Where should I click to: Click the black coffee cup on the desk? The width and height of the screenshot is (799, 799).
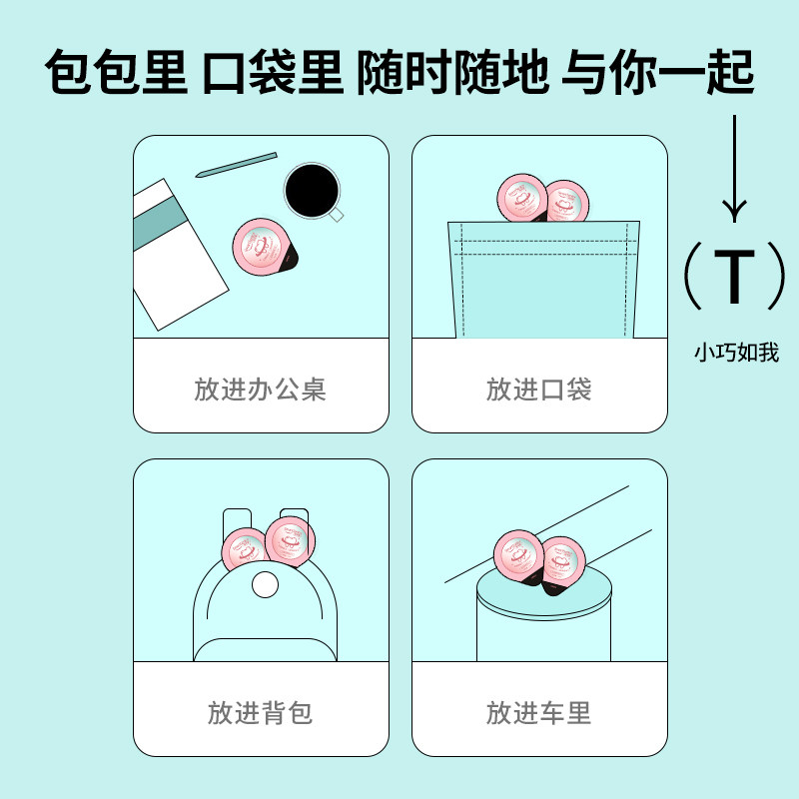[311, 189]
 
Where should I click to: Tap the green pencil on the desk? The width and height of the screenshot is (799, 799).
[236, 165]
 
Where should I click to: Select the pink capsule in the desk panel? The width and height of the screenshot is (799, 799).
[263, 246]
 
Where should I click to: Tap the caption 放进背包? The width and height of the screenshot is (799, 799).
[261, 713]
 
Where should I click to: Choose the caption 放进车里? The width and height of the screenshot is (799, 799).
[539, 713]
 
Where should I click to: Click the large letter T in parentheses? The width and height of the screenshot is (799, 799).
[736, 277]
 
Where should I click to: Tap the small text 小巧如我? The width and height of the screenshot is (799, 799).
[736, 353]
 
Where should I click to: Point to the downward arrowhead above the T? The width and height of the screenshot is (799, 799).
[736, 211]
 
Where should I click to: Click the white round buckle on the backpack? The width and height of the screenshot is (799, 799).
[266, 585]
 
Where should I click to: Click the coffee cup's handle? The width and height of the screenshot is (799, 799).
[337, 214]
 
